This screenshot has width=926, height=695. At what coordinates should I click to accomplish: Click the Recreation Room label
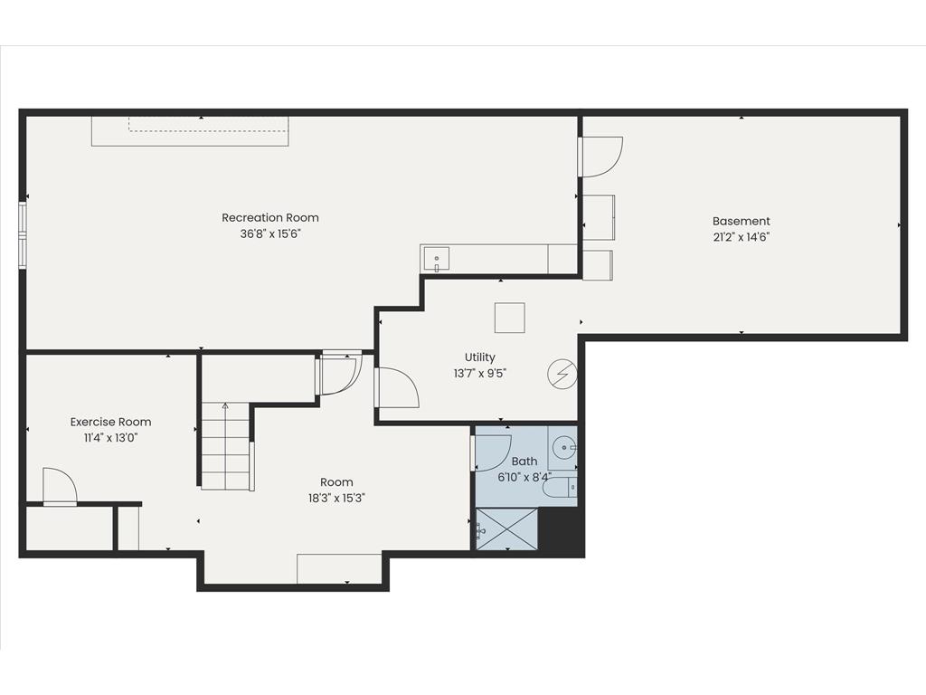click(269, 217)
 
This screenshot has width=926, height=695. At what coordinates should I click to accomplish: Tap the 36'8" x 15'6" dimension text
click(270, 233)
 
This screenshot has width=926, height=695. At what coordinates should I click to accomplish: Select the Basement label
click(742, 221)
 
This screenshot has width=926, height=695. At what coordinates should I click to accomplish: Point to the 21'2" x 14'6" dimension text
click(742, 237)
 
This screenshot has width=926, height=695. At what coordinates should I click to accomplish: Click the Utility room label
click(479, 357)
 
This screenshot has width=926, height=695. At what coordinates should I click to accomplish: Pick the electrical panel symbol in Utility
click(562, 374)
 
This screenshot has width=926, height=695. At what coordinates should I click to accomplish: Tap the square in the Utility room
click(510, 318)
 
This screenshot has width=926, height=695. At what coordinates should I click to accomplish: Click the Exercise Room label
click(110, 422)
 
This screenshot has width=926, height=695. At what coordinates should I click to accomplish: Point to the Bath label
click(524, 461)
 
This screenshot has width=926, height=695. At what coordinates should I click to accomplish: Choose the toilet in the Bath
click(559, 488)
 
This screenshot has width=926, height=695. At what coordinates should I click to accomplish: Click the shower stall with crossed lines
click(507, 528)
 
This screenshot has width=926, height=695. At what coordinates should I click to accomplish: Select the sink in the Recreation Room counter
click(437, 259)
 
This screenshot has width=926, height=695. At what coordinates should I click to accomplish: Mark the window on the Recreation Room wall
click(23, 235)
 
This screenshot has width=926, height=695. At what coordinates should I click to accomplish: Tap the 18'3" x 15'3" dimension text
click(336, 499)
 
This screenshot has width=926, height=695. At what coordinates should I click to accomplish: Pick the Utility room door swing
click(397, 387)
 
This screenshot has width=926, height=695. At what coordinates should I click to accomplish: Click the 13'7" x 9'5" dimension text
click(480, 374)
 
